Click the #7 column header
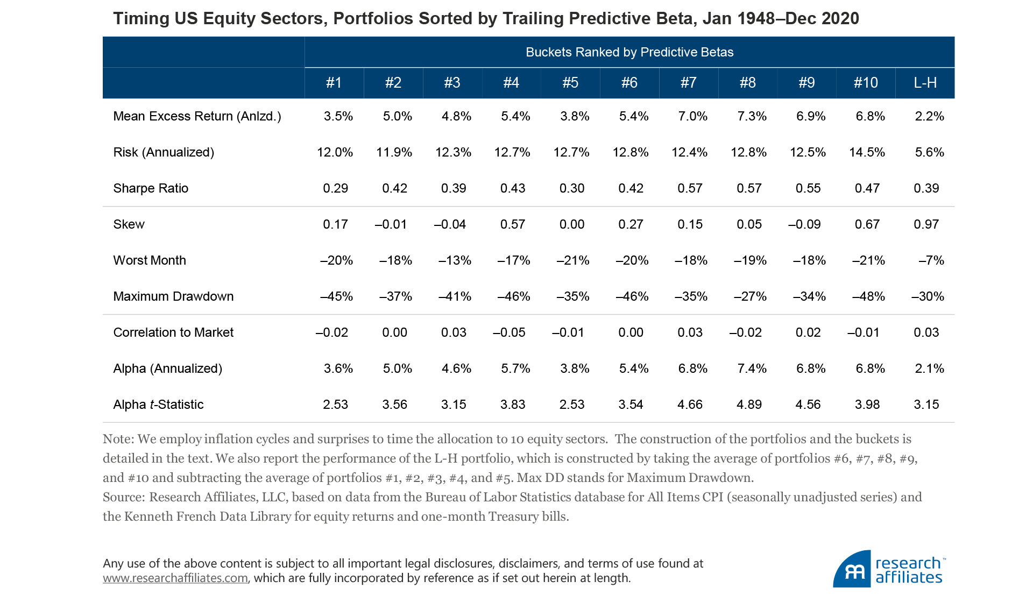[688, 82]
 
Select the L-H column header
[925, 82]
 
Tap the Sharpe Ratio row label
[151, 188]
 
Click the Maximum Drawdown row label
[173, 296]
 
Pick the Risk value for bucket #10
[867, 152]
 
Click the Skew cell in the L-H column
[926, 224]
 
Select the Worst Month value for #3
[455, 260]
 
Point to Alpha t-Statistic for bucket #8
[749, 405]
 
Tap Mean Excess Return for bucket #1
[338, 116]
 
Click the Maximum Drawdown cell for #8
[750, 296]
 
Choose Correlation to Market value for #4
[509, 332]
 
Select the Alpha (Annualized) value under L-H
[929, 368]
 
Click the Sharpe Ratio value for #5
[571, 188]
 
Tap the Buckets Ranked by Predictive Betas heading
[629, 52]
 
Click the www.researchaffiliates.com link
[175, 578]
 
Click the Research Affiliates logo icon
[852, 570]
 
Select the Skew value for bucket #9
[804, 224]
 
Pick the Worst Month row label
[150, 260]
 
